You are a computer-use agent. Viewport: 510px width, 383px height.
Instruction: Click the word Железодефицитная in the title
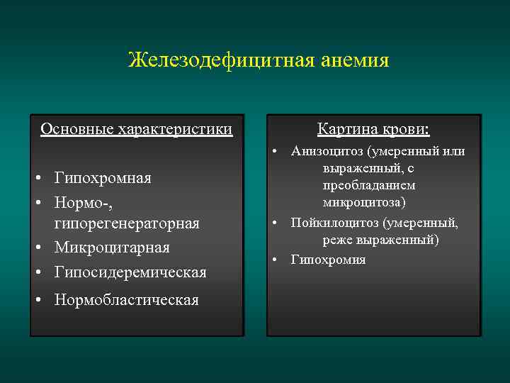pos(217,60)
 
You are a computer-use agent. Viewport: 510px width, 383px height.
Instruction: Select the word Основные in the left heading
pos(76,129)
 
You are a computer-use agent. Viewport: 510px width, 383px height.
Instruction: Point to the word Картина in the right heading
pos(346,129)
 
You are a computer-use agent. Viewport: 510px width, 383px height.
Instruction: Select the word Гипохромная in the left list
pos(103,177)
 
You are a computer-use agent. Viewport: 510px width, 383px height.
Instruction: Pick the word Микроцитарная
pos(112,248)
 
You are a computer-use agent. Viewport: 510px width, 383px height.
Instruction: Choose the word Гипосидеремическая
pos(130,272)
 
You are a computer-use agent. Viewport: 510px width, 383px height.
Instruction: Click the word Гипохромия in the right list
pos(328,260)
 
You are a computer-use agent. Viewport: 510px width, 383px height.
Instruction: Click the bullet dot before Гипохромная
pos(44,177)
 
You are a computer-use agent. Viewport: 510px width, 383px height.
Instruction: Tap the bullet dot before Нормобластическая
pos(44,300)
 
